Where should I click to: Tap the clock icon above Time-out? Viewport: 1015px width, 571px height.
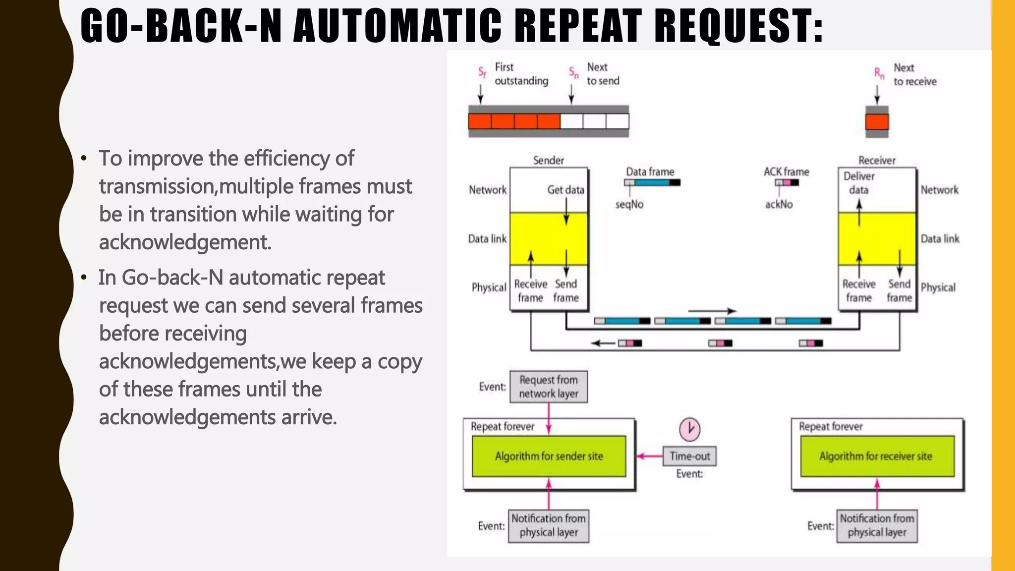pos(689,429)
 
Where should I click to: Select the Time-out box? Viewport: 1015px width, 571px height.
pos(689,456)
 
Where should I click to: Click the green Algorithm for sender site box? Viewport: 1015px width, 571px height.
pos(549,456)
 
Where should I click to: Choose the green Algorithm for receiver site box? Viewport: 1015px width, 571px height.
pos(877,456)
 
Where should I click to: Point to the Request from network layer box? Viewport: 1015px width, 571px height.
pos(549,387)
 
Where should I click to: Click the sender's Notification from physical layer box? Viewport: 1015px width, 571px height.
pos(549,525)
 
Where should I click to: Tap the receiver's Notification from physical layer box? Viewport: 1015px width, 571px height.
pos(877,525)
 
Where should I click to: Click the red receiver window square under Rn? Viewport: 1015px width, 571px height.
pos(877,121)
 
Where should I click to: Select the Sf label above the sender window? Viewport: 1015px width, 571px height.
pos(482,72)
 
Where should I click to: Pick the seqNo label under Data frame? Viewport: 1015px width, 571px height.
pos(629,204)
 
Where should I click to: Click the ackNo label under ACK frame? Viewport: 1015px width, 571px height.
pos(779,204)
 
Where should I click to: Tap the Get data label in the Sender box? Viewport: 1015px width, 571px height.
pos(565,190)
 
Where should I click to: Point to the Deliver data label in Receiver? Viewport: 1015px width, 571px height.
pos(859,183)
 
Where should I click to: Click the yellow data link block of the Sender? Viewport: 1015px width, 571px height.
pos(549,239)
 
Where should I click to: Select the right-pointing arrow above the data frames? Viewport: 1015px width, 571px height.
pos(712,311)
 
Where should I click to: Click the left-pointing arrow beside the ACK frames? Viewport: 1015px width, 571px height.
pos(603,343)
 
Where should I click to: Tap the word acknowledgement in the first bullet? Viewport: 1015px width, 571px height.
pos(185,242)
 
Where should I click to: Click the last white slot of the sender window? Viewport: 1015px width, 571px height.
pos(618,121)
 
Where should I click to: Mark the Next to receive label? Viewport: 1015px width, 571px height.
pos(914,74)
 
